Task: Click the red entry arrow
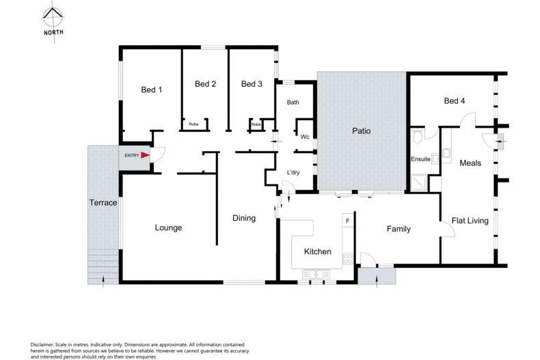(x=145, y=156)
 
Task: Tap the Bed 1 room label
(x=151, y=89)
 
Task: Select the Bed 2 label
(x=205, y=84)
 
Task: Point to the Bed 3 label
(x=252, y=84)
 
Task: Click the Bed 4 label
(x=455, y=101)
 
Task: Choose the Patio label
(x=362, y=130)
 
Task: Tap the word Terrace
(x=103, y=203)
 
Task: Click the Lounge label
(x=168, y=227)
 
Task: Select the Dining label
(x=243, y=219)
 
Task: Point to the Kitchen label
(x=318, y=251)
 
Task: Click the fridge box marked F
(x=348, y=221)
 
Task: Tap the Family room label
(x=398, y=229)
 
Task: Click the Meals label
(x=470, y=163)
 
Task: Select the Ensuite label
(x=420, y=160)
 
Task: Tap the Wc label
(x=305, y=137)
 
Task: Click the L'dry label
(x=293, y=172)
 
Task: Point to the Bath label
(x=293, y=103)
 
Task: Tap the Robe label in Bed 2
(x=193, y=124)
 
